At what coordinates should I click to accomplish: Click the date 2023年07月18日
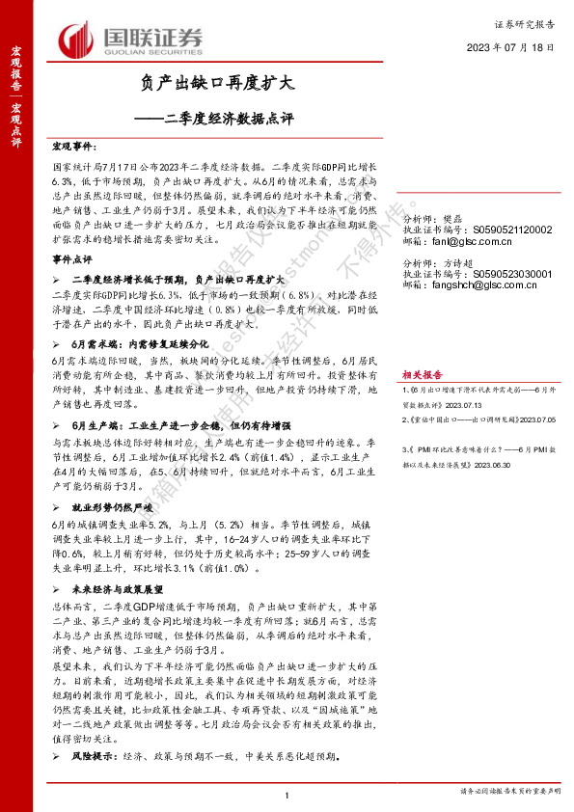[x=511, y=46]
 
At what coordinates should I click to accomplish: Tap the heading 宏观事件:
[x=73, y=146]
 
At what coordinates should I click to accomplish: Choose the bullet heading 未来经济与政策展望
[x=118, y=586]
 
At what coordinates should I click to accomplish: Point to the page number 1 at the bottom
[x=287, y=794]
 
